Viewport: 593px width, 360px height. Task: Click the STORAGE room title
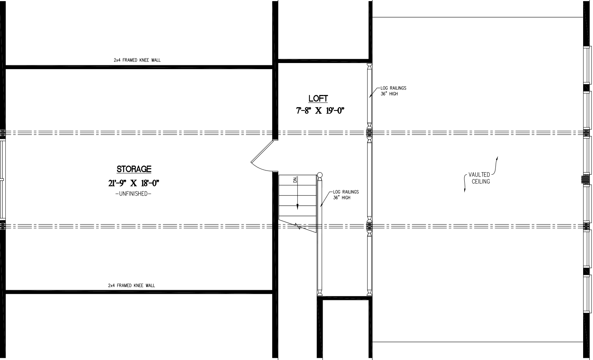tap(134, 169)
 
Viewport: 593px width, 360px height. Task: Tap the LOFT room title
tap(318, 98)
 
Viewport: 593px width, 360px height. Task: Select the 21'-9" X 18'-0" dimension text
tap(134, 183)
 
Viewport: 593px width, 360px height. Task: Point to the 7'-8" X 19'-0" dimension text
tap(320, 111)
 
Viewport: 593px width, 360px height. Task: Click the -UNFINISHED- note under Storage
tap(133, 194)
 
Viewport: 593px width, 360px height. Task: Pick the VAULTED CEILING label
tap(479, 178)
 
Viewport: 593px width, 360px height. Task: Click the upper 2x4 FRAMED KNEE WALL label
tap(137, 60)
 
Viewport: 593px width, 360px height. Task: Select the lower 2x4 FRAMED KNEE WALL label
tap(131, 285)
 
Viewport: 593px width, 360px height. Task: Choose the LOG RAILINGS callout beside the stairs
tap(345, 195)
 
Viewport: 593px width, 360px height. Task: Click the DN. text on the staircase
tap(295, 180)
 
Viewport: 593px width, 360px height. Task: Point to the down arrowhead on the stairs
tap(297, 207)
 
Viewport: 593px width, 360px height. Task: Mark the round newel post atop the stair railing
tap(320, 175)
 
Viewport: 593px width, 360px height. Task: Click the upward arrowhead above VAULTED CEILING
tap(497, 158)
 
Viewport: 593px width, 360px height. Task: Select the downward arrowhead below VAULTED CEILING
tap(465, 190)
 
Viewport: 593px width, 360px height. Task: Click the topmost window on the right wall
tap(587, 64)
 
